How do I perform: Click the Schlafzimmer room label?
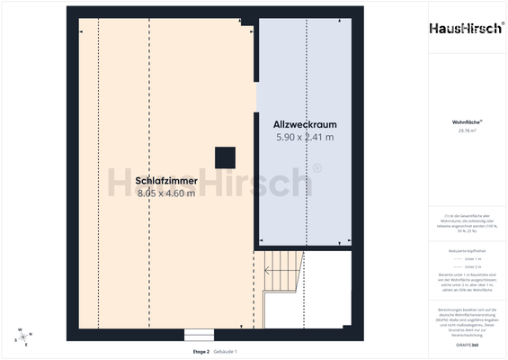[166, 180]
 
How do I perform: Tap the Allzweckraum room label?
[305, 123]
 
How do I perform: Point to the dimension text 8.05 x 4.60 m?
[166, 193]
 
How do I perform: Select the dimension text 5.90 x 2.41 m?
[305, 138]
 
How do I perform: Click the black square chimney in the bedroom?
[224, 157]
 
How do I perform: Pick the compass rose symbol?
[22, 337]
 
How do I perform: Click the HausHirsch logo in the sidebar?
[466, 28]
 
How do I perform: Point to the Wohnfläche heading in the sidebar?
[466, 121]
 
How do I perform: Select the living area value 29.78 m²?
[466, 130]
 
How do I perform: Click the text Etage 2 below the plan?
[201, 351]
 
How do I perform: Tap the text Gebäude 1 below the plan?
[225, 351]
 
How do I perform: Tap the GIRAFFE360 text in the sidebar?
[466, 346]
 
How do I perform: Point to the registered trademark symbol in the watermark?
[316, 167]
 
